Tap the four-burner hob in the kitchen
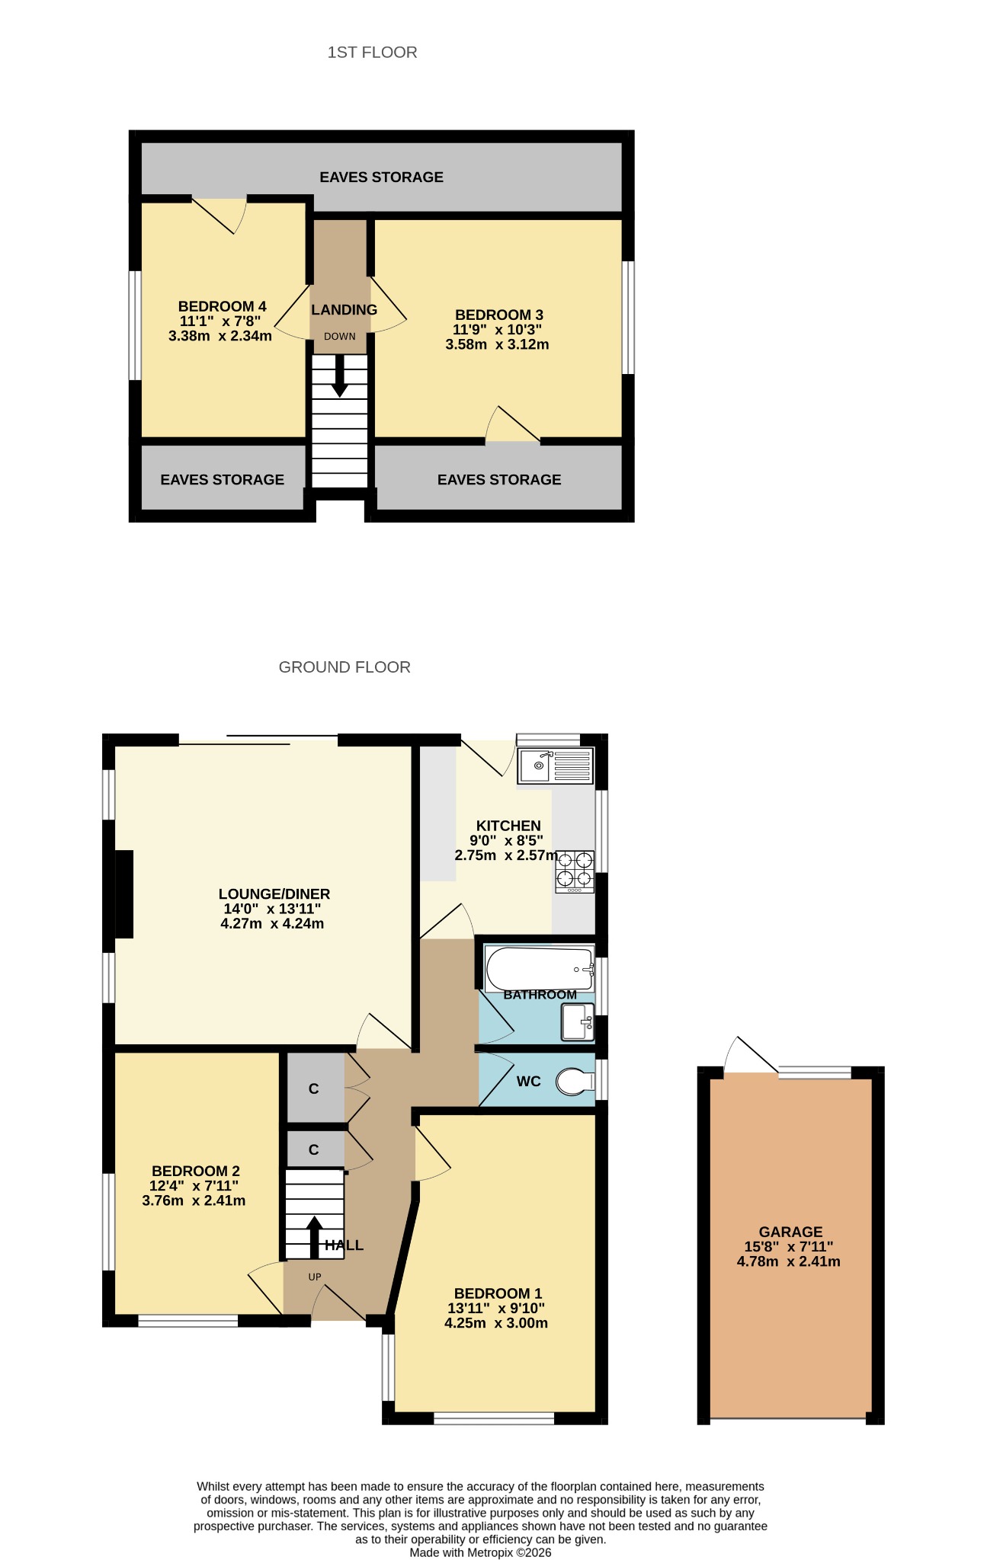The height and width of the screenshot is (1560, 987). [x=575, y=872]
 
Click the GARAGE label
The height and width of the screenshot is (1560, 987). [x=790, y=1232]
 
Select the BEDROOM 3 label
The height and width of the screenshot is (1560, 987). [x=498, y=315]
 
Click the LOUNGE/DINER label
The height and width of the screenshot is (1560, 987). [x=274, y=893]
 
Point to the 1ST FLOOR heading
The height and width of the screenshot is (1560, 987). [x=372, y=52]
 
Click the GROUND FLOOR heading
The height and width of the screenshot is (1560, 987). [x=344, y=667]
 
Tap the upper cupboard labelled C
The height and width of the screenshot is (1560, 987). [x=313, y=1088]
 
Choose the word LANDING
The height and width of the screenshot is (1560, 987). [x=344, y=310]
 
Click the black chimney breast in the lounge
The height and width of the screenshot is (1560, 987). [x=123, y=893]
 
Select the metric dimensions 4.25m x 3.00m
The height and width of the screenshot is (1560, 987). [x=496, y=1323]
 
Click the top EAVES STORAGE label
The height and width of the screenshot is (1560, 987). [x=381, y=177]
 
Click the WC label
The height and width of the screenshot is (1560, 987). [x=528, y=1082]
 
